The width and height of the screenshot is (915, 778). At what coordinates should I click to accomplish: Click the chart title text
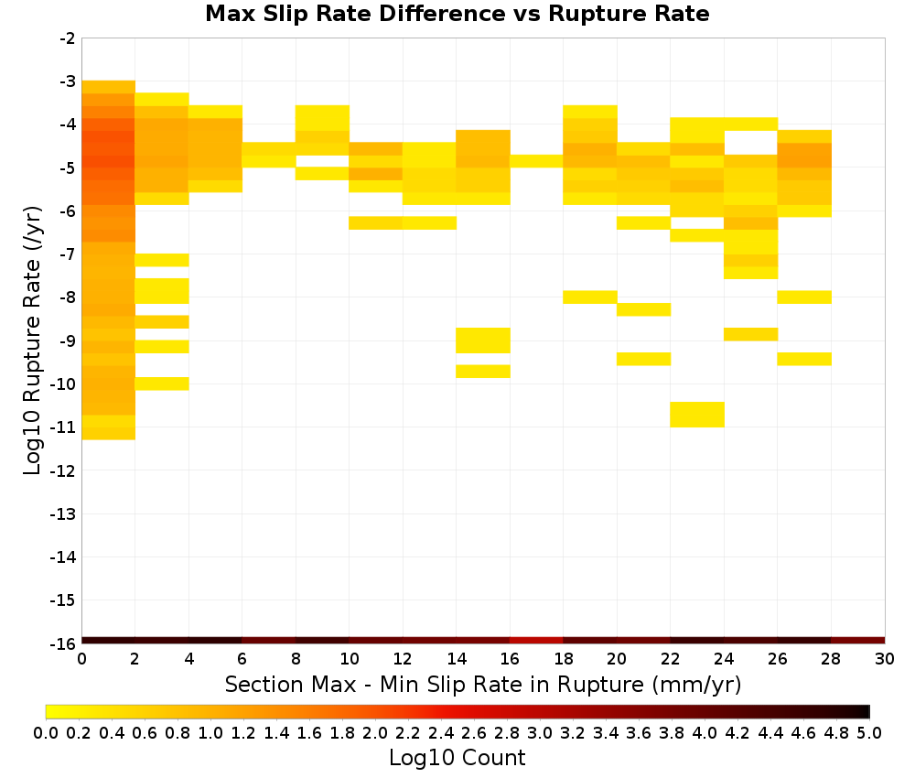[x=457, y=14]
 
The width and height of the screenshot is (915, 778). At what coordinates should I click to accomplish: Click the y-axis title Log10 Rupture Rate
[x=33, y=340]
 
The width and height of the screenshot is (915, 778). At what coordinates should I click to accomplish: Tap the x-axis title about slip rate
[x=483, y=684]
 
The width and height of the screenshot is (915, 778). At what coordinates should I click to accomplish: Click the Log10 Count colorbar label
[x=457, y=758]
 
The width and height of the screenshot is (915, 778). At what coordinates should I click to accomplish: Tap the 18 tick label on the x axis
[x=563, y=659]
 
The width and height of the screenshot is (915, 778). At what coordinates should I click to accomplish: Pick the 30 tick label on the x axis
[x=885, y=659]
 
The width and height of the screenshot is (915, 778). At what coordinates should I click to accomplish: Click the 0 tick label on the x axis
[x=81, y=659]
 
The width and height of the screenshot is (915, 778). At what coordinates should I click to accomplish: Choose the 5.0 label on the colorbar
[x=869, y=732]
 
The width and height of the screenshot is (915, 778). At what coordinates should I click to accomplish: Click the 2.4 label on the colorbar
[x=441, y=732]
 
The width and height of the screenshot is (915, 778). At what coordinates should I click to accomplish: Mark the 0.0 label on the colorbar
[x=46, y=732]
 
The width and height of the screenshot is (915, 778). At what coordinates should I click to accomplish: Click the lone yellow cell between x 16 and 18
[x=536, y=161]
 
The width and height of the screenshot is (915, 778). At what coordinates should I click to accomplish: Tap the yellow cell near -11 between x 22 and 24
[x=697, y=415]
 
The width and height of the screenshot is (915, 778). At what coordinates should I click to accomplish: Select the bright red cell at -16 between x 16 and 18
[x=536, y=641]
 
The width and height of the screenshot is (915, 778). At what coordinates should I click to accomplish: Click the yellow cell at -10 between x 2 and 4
[x=162, y=384]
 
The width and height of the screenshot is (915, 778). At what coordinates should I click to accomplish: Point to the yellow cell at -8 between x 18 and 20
[x=590, y=297]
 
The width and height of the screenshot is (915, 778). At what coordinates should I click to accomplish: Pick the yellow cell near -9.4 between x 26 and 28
[x=804, y=359]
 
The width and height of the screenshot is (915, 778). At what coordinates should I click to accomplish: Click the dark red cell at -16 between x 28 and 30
[x=858, y=641]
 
